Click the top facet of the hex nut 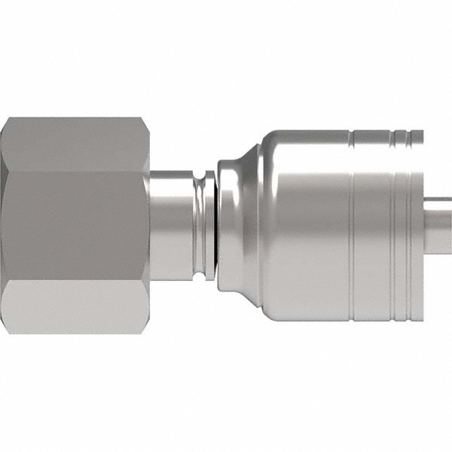pyautogui.click(x=75, y=143)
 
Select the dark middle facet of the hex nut pyautogui.click(x=75, y=226)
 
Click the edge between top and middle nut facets pyautogui.click(x=75, y=171)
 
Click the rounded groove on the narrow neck pyautogui.click(x=200, y=226)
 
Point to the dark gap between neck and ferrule pyautogui.click(x=214, y=226)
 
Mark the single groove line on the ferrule pyautogui.click(x=352, y=226)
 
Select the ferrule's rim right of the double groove pyautogui.click(x=417, y=226)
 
